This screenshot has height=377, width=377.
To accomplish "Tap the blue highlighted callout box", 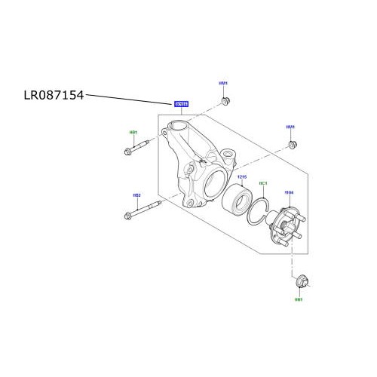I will [181, 105].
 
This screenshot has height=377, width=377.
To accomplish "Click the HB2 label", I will [136, 196].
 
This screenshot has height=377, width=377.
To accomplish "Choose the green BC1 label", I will [263, 183].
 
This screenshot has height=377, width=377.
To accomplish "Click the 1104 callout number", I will [287, 193].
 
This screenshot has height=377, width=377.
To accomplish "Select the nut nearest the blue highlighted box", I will [224, 101].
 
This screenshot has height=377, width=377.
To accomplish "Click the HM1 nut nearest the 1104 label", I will [293, 143].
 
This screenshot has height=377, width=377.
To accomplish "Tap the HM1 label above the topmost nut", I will [223, 84].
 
